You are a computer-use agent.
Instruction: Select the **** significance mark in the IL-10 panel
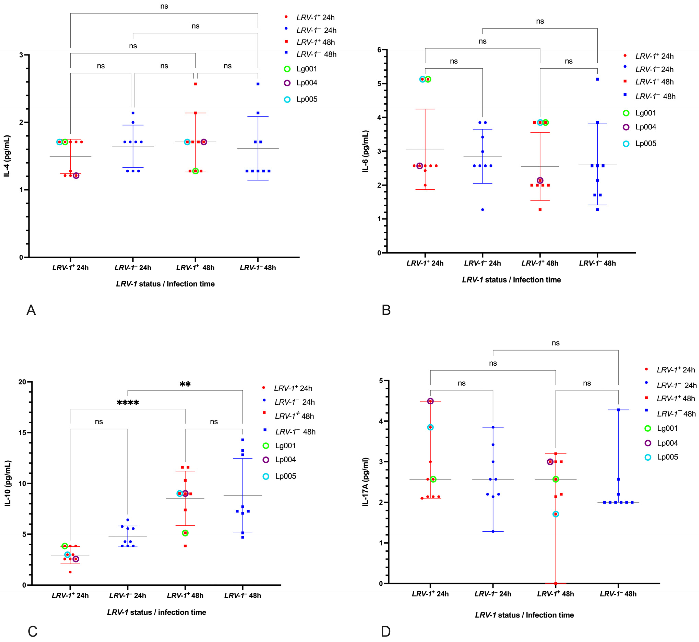128,403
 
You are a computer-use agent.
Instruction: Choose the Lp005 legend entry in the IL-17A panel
667,457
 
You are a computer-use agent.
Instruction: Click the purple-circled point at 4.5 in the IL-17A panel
430,401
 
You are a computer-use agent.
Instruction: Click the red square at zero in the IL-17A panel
556,584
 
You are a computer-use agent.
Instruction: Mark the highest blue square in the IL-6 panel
597,79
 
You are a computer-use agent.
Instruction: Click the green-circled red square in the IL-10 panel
185,533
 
